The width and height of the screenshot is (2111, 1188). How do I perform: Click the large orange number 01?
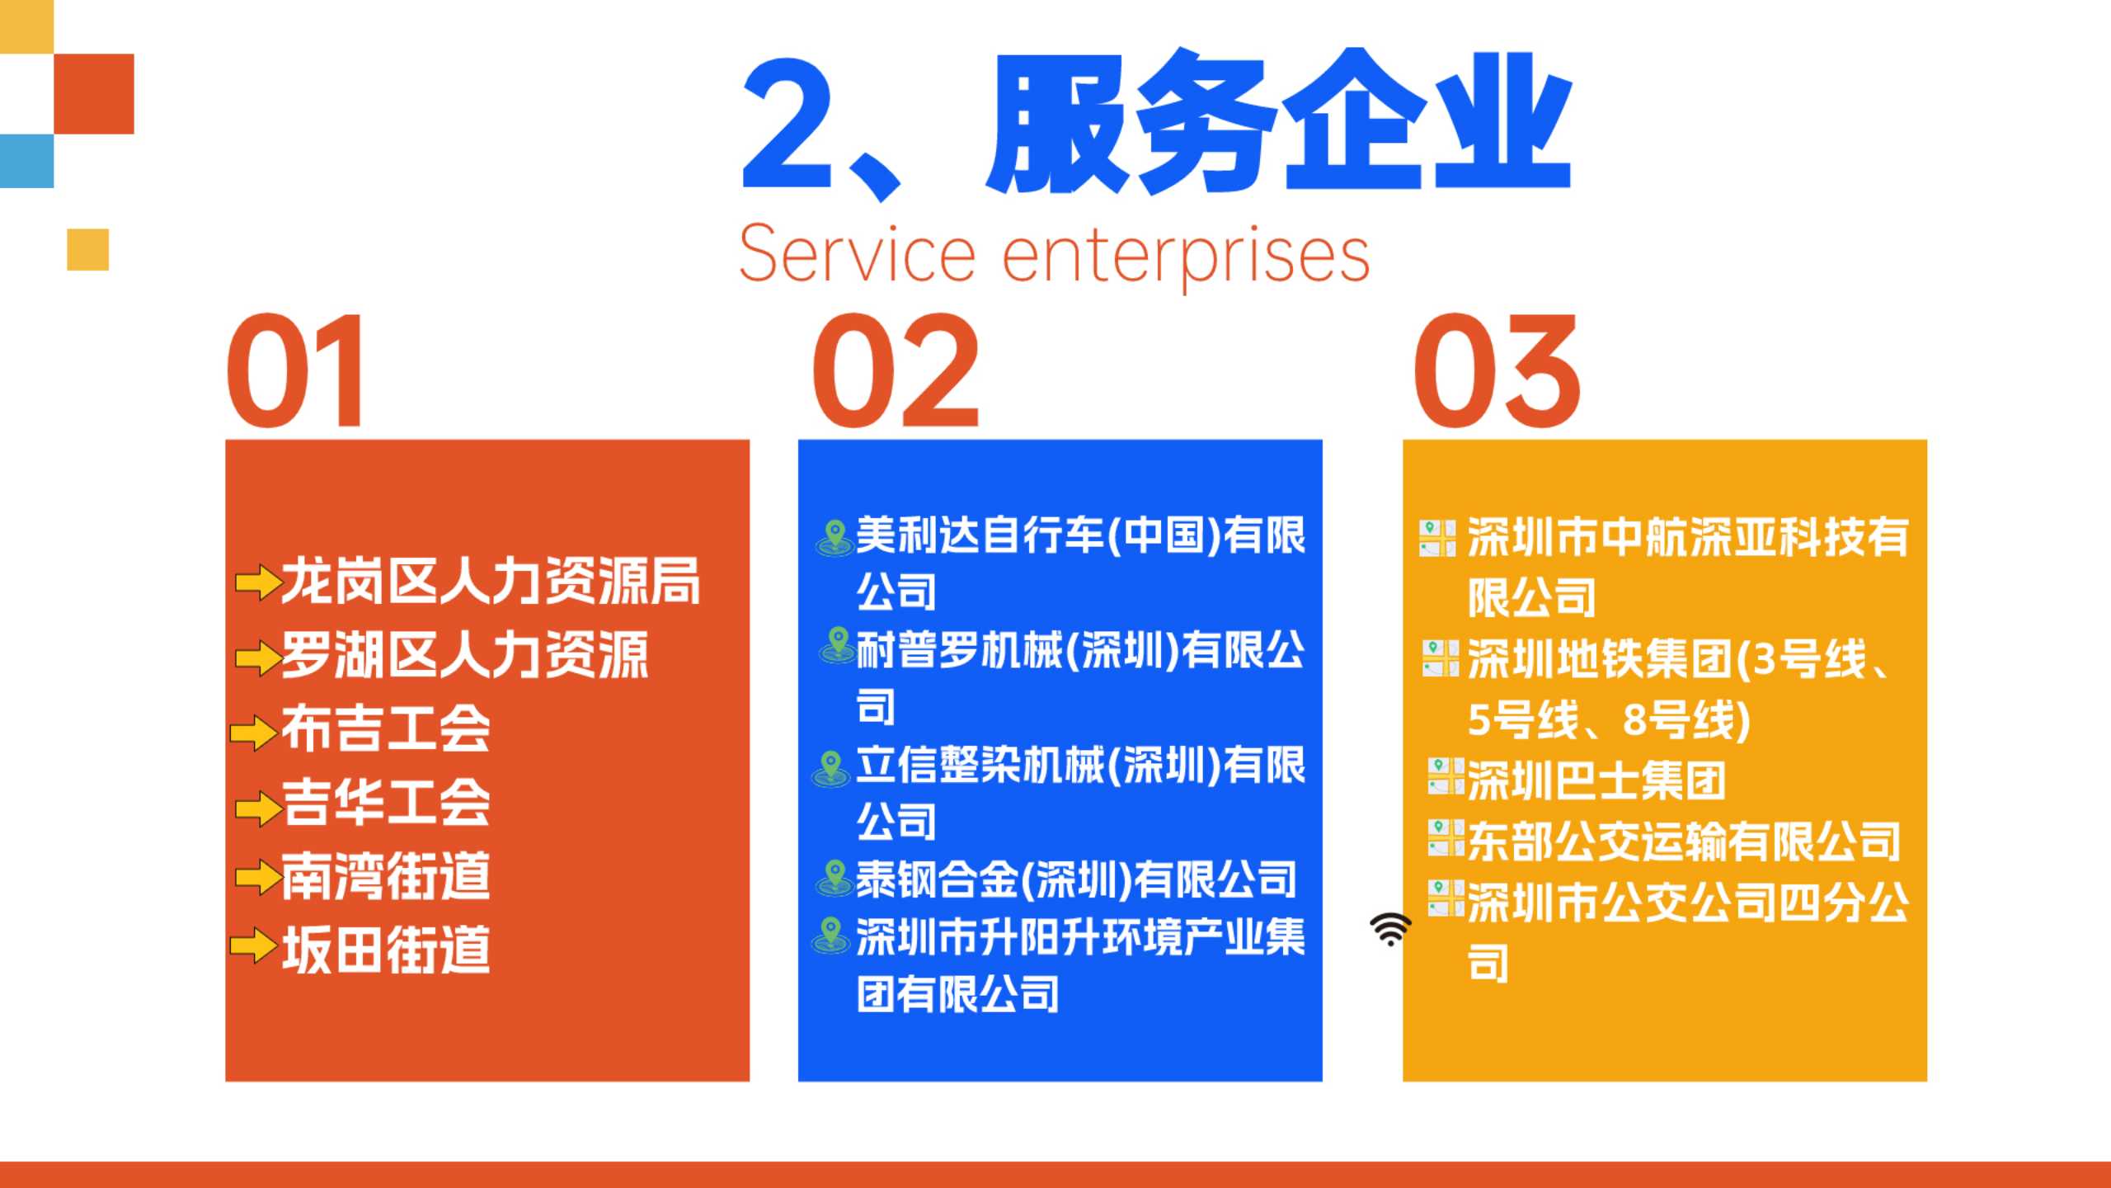[294, 371]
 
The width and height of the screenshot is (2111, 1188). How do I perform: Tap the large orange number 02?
[896, 371]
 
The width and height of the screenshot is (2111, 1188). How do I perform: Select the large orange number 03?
[1497, 371]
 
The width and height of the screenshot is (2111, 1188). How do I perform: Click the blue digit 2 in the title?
[787, 124]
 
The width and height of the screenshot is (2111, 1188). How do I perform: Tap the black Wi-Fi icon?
[1390, 929]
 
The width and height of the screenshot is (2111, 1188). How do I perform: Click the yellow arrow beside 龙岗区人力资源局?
[258, 582]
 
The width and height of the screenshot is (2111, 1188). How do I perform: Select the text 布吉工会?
[386, 729]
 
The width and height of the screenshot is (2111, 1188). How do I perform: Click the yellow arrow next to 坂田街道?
[254, 945]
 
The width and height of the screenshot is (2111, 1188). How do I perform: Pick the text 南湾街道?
[386, 876]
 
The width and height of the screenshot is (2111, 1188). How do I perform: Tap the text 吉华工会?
[386, 803]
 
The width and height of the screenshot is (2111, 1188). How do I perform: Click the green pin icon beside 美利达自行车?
[835, 537]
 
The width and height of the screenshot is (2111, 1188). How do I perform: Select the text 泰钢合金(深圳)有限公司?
[1076, 879]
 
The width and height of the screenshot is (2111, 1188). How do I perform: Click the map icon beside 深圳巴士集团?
[1446, 777]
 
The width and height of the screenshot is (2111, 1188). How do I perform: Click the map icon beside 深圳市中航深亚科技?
[1438, 538]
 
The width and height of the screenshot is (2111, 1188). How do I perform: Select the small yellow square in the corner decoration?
[87, 249]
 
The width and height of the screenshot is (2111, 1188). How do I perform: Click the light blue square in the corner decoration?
[26, 161]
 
